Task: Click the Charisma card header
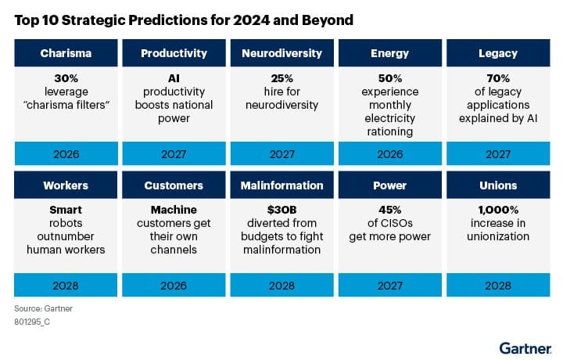[66, 53]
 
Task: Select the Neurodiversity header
[281, 53]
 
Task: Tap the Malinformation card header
[281, 185]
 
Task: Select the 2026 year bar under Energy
[389, 153]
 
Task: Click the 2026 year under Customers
[174, 286]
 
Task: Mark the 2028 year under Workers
[66, 286]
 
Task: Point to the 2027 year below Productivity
[174, 153]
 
